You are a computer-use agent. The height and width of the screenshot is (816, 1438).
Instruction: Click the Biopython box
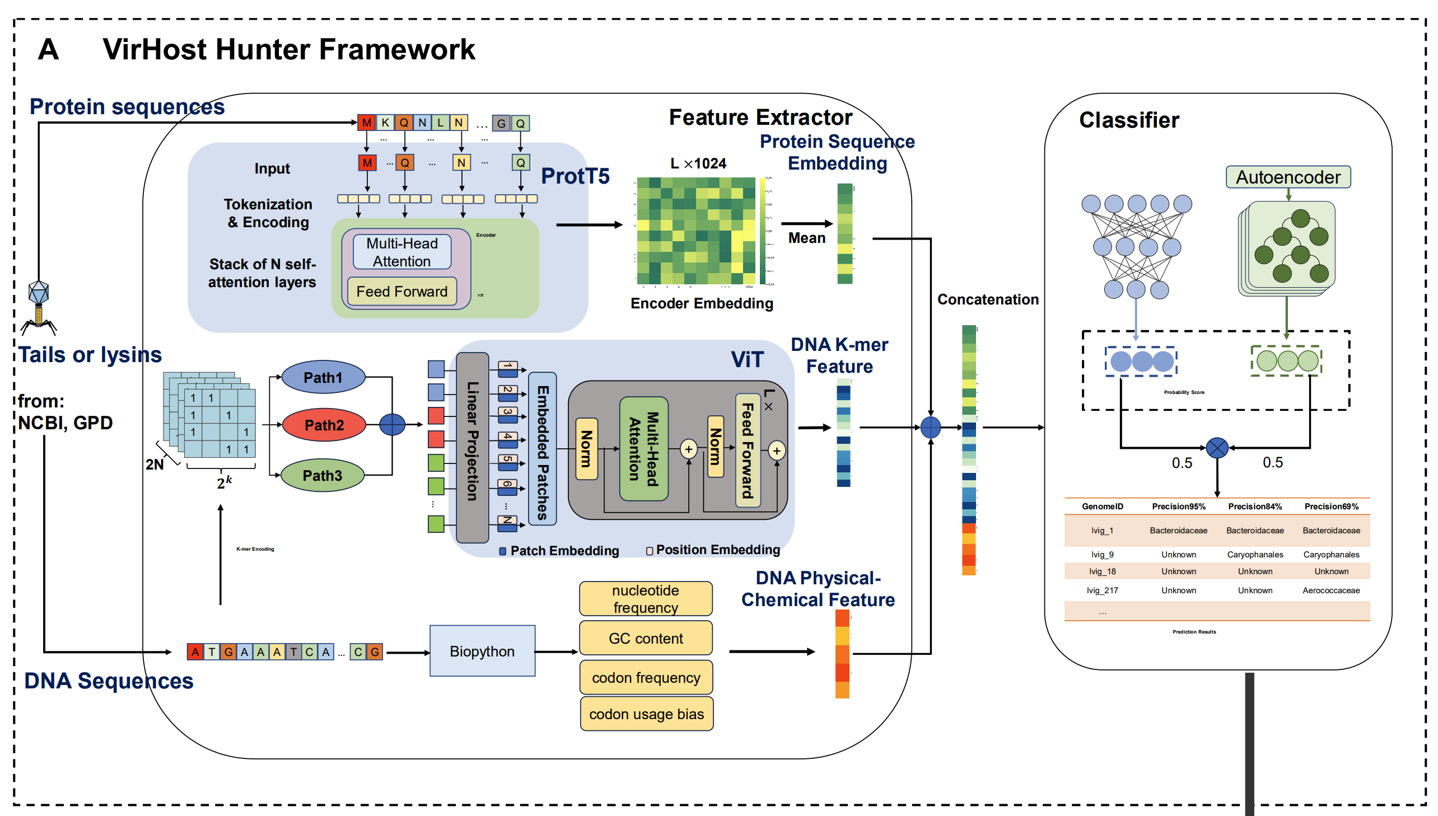482,651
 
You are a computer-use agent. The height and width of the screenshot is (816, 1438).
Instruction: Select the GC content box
645,639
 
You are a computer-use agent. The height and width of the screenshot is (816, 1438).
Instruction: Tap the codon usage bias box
646,714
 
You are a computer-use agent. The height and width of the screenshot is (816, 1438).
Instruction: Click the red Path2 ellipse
324,425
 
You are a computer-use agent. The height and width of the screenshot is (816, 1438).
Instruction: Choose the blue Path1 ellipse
323,377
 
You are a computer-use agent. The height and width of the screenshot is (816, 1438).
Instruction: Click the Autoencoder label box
1288,177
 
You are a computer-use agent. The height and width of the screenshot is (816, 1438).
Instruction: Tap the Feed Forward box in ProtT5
401,292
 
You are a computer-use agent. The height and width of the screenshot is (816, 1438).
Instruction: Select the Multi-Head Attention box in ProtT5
401,252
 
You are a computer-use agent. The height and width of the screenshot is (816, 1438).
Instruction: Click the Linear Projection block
472,447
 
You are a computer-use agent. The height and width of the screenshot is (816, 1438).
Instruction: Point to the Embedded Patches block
542,448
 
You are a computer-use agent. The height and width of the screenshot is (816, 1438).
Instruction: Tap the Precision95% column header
1178,506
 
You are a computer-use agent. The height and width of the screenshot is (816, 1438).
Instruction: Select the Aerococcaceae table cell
1330,590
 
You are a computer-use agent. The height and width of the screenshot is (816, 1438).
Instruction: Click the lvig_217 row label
1101,590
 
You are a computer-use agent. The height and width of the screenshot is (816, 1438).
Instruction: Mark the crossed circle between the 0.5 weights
1217,448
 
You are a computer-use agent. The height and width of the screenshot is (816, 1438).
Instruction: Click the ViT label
747,359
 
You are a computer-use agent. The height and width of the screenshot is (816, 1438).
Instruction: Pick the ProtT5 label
575,176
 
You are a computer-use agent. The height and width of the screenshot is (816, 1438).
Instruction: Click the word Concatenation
987,299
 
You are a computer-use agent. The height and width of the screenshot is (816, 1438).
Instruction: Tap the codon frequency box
646,678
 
